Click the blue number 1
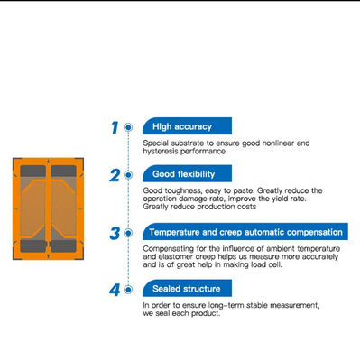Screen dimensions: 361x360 click(x=115, y=128)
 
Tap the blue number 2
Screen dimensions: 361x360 click(x=115, y=175)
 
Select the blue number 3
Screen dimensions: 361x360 click(x=115, y=233)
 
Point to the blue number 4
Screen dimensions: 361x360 click(x=115, y=290)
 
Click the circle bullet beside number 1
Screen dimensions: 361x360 click(x=130, y=128)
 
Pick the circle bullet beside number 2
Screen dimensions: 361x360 click(x=130, y=175)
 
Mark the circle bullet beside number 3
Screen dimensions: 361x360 click(x=130, y=233)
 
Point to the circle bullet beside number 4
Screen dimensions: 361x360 click(x=130, y=290)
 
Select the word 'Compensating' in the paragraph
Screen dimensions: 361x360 click(x=168, y=247)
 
